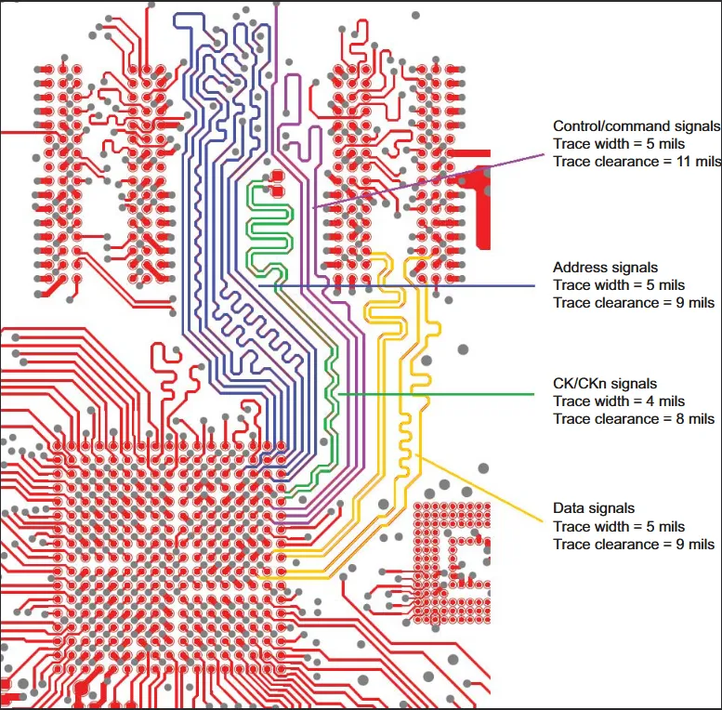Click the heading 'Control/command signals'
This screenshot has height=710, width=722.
pos(637,126)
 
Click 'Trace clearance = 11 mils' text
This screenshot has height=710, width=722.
pos(637,162)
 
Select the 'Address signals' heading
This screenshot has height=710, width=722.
pos(605,268)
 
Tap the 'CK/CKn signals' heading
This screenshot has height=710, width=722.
pos(605,384)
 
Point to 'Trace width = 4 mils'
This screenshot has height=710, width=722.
pos(619,401)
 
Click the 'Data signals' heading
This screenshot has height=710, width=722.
pos(594,508)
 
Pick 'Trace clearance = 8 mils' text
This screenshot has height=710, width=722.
pos(634,419)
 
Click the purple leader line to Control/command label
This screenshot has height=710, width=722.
pos(428,181)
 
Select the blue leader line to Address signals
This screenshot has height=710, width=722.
pos(397,286)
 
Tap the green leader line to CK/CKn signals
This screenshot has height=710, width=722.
pos(436,394)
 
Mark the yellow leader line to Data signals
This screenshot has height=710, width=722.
pos(479,489)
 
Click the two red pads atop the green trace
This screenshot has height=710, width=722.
pos(277,183)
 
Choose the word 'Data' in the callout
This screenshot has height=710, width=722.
pos(568,508)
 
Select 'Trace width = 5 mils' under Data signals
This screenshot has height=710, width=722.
pos(619,526)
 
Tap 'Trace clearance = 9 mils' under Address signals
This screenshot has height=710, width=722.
pos(634,303)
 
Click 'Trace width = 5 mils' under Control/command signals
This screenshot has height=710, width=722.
pos(619,144)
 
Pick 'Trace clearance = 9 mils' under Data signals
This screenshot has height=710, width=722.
pos(634,545)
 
